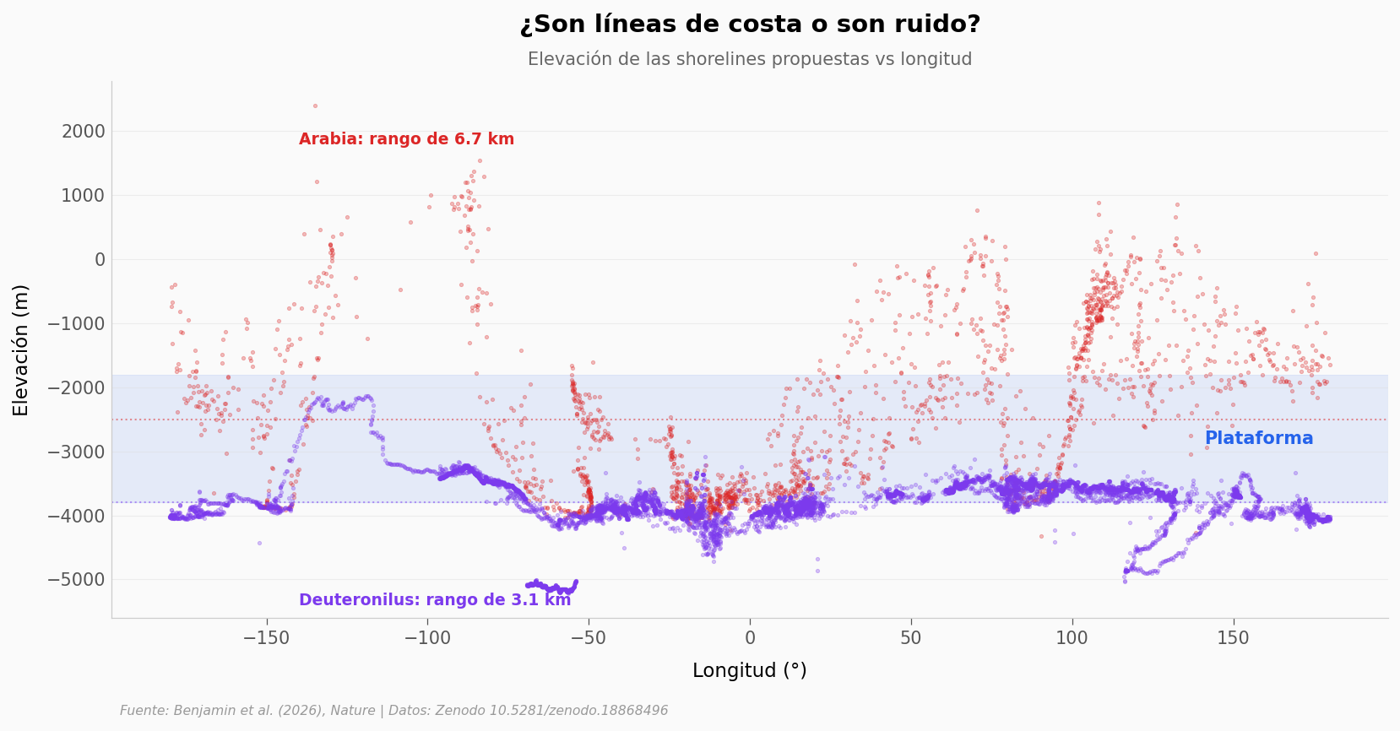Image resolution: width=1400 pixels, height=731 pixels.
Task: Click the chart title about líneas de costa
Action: click(x=750, y=24)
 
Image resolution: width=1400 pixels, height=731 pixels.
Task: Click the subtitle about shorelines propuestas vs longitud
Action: click(x=750, y=59)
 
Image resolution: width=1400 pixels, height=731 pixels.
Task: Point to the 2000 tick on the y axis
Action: click(x=83, y=131)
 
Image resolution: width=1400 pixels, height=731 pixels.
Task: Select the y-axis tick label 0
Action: click(x=100, y=259)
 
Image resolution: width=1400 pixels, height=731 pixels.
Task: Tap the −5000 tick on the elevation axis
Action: click(x=77, y=580)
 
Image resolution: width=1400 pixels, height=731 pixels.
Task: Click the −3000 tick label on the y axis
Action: click(x=77, y=452)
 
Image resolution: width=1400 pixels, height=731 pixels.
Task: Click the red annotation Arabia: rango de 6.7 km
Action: click(x=406, y=139)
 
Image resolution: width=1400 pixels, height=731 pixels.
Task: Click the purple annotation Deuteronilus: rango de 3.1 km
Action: click(x=435, y=600)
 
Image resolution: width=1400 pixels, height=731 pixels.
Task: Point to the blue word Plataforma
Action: click(x=1258, y=438)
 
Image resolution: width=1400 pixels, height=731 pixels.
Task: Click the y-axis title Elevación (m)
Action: click(x=21, y=349)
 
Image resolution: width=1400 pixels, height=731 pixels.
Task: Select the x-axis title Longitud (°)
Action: click(x=750, y=671)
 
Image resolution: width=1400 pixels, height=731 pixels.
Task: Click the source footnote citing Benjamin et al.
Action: click(x=393, y=711)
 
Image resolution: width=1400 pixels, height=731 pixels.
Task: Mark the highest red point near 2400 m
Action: click(x=315, y=106)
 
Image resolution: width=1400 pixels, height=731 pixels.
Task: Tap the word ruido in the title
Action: click(x=941, y=24)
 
